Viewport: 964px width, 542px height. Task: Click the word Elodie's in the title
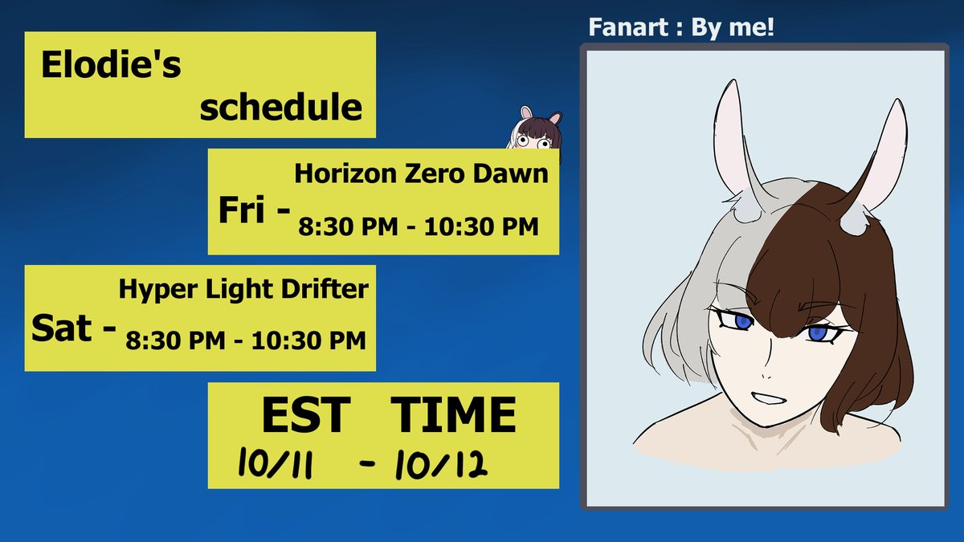click(111, 67)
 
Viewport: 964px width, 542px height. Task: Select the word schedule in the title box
click(280, 107)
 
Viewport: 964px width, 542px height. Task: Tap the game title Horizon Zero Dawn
click(421, 173)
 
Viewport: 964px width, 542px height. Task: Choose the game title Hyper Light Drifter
click(243, 289)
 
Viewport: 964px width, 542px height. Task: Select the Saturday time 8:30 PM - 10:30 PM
click(245, 340)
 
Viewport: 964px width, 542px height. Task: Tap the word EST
click(305, 416)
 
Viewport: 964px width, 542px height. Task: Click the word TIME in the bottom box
click(454, 416)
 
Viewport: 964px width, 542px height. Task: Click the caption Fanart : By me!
click(681, 28)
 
